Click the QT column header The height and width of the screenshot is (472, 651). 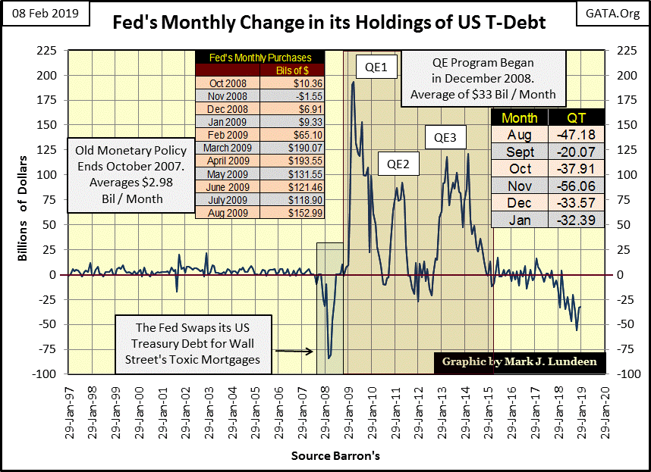pos(577,117)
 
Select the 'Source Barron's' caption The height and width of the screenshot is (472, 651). pos(335,456)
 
